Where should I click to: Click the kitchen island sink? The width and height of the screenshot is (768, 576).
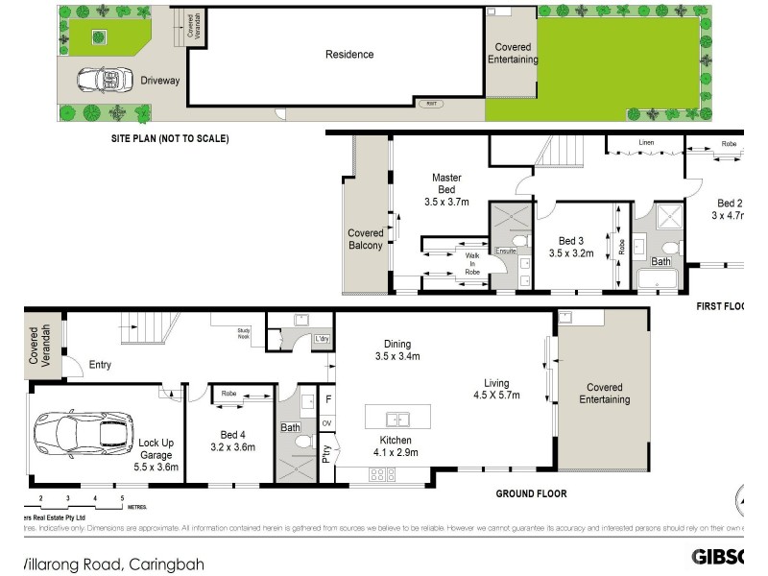click(x=397, y=419)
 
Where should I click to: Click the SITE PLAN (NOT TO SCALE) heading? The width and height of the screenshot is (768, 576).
click(x=169, y=138)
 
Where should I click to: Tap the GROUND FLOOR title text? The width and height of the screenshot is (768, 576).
click(x=531, y=493)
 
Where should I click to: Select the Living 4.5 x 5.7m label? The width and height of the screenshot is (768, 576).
click(x=496, y=387)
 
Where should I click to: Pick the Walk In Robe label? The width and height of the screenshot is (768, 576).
click(x=471, y=264)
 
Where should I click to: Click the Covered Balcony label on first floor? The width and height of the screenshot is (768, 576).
click(x=365, y=239)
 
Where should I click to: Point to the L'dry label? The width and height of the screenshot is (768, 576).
click(x=322, y=339)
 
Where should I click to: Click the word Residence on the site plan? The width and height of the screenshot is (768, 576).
click(x=349, y=55)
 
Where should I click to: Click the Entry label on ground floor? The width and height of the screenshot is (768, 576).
click(x=100, y=364)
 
